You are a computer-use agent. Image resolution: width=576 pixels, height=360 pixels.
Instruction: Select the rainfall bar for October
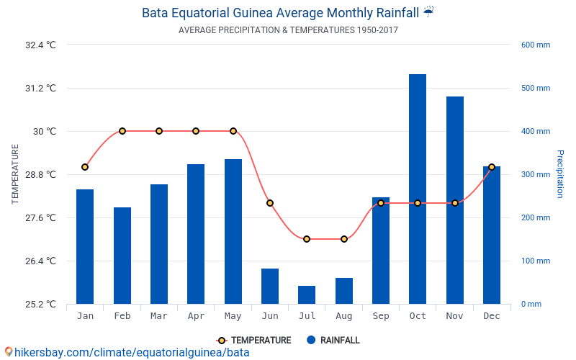[418, 189]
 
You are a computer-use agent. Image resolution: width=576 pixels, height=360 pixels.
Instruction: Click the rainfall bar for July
[307, 294]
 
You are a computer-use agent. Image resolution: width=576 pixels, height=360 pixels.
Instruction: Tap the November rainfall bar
[454, 200]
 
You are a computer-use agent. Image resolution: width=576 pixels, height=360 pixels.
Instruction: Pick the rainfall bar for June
[270, 286]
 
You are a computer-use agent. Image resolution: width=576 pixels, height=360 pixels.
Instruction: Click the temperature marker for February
[122, 131]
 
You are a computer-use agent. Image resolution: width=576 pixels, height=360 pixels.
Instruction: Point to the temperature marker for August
[344, 239]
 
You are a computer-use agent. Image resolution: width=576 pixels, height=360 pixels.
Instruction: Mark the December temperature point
[492, 167]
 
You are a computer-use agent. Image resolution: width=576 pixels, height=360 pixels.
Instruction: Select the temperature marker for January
[85, 167]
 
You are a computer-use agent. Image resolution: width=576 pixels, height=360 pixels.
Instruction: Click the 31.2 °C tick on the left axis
[41, 89]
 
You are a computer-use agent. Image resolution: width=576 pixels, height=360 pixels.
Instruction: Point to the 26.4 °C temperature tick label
[41, 261]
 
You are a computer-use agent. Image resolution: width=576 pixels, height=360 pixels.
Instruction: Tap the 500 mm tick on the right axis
[536, 89]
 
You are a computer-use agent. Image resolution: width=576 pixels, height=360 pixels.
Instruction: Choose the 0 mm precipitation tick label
[531, 304]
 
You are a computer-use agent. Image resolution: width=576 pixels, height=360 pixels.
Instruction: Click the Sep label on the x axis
[381, 316]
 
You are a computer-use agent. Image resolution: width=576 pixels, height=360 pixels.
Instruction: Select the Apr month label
[196, 316]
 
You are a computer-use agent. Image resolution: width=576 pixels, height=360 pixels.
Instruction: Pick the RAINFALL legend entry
[333, 340]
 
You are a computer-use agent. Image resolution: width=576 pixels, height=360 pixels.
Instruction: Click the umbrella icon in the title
[428, 12]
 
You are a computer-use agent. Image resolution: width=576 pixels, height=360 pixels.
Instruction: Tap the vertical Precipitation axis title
[559, 174]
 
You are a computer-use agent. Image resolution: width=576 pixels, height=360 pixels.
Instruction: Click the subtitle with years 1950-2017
[288, 30]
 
